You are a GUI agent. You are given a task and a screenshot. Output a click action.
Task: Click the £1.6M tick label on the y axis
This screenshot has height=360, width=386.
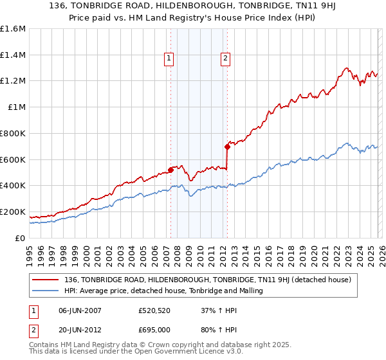tap(14, 29)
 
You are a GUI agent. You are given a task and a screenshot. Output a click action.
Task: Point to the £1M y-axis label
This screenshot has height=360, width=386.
tap(17, 107)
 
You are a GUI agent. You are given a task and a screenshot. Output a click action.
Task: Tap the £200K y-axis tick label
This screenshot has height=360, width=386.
tap(14, 212)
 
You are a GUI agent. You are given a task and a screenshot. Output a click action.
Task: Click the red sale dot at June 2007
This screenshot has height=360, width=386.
tap(170, 170)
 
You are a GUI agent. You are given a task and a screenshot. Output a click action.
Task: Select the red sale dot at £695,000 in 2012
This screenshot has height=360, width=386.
tap(227, 147)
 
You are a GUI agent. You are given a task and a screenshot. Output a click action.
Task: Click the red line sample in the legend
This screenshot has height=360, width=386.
tap(46, 280)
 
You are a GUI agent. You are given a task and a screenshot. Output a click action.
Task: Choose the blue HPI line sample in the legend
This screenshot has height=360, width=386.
tap(46, 291)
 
